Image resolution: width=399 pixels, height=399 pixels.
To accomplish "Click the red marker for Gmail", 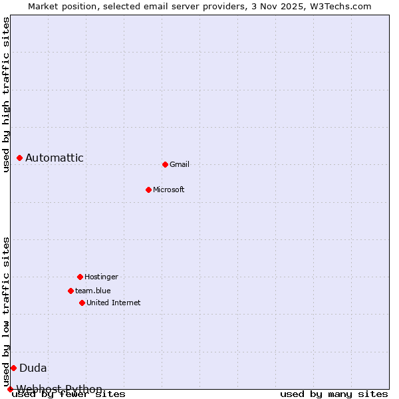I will pyautogui.click(x=165, y=164).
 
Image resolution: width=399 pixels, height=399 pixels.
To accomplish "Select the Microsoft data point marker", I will pyautogui.click(x=148, y=190).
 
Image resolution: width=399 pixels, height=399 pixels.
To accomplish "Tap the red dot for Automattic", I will pyautogui.click(x=19, y=158).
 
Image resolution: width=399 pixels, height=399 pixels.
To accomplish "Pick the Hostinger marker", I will pyautogui.click(x=80, y=277).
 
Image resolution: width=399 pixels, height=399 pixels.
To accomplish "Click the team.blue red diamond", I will pyautogui.click(x=70, y=291).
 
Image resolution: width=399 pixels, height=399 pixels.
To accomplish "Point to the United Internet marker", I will pyautogui.click(x=82, y=303).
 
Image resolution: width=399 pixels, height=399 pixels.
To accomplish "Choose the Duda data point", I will pyautogui.click(x=13, y=368).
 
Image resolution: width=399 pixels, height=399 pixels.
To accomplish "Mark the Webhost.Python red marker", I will pyautogui.click(x=10, y=389).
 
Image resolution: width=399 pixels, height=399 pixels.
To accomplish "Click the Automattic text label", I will pyautogui.click(x=55, y=158).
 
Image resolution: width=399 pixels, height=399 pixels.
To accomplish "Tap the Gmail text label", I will pyautogui.click(x=180, y=164).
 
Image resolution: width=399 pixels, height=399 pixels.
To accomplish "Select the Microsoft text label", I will pyautogui.click(x=168, y=190).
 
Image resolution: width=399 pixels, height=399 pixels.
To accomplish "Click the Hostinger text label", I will pyautogui.click(x=101, y=277).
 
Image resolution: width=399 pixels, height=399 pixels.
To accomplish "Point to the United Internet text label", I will pyautogui.click(x=113, y=303).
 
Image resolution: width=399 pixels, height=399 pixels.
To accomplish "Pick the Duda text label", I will pyautogui.click(x=33, y=368).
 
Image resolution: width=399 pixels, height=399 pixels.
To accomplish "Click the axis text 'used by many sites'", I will pyautogui.click(x=334, y=394).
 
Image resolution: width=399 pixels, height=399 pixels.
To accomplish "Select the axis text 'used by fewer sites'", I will pyautogui.click(x=68, y=394).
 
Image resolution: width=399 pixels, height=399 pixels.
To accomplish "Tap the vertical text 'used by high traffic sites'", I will pyautogui.click(x=6, y=94).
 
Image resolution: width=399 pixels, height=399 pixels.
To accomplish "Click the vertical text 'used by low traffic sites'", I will pyautogui.click(x=6, y=311).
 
